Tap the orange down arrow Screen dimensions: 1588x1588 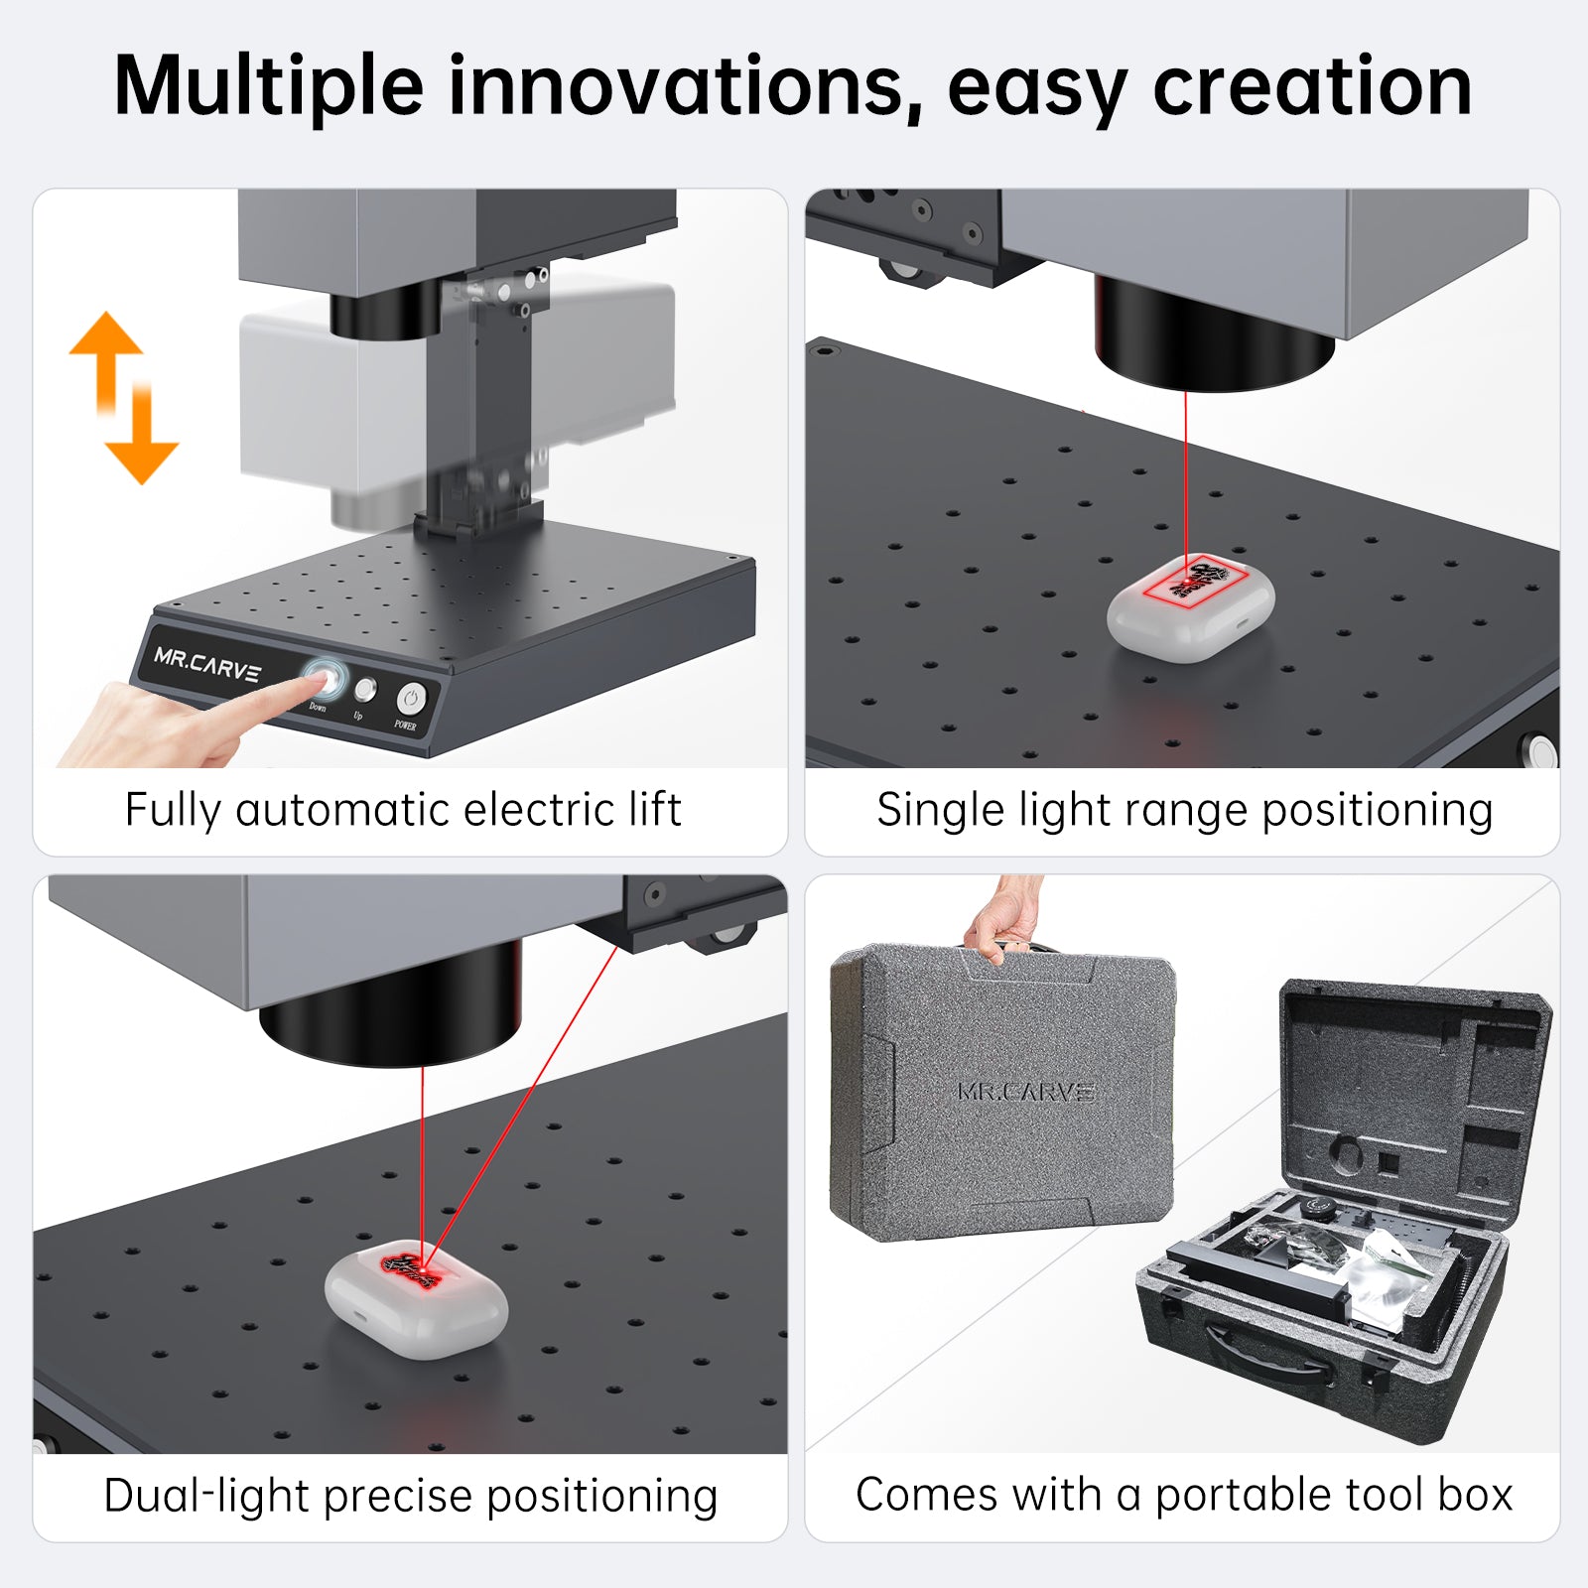point(142,442)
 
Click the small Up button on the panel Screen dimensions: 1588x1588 point(365,689)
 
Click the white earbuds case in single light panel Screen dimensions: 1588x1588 point(1191,605)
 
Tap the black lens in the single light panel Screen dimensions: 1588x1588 point(1213,337)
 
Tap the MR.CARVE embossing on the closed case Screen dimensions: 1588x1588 point(1025,1092)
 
